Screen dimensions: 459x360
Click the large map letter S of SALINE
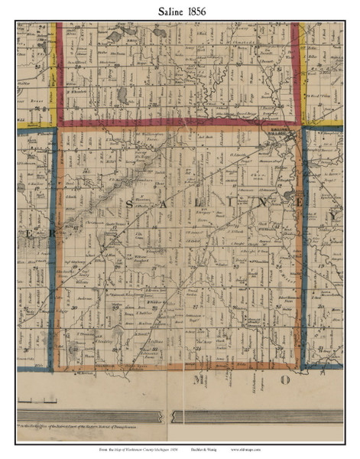(129, 205)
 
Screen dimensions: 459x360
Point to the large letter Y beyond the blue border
(333, 216)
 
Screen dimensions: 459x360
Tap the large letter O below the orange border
(285, 379)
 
